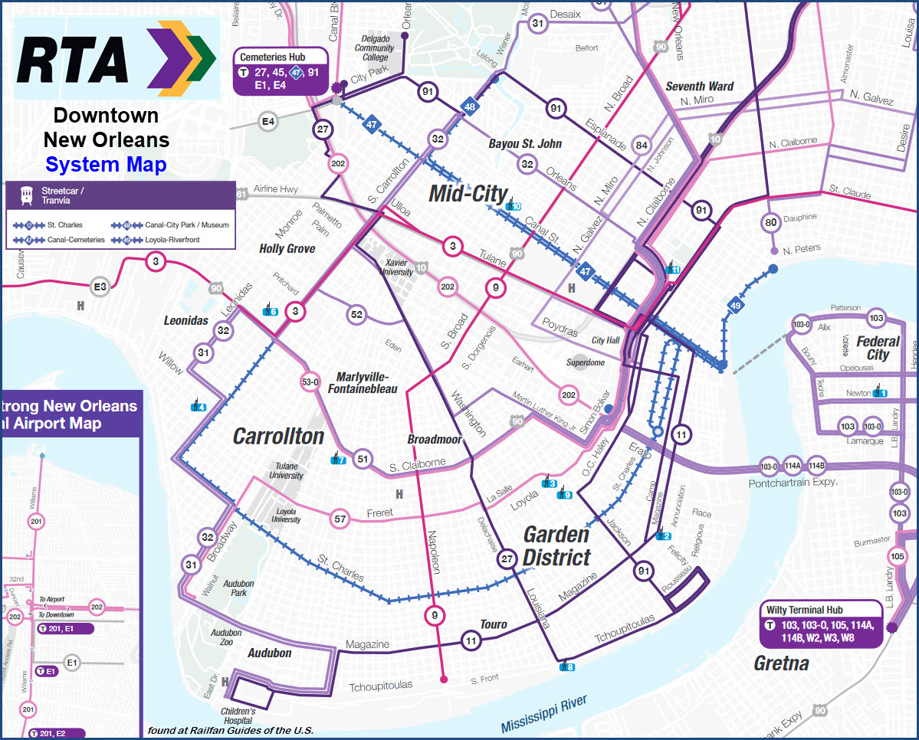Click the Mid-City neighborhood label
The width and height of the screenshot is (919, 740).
(x=468, y=193)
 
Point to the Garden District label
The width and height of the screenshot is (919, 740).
(x=556, y=545)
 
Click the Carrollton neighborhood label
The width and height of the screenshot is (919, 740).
(x=278, y=436)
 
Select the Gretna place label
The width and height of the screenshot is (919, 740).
(x=781, y=663)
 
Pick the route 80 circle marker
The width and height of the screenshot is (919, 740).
(x=771, y=223)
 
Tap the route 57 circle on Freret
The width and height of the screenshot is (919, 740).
(x=340, y=519)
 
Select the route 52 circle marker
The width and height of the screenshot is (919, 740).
(x=356, y=314)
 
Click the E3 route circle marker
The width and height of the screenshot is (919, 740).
(x=100, y=287)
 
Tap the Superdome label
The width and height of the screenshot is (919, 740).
(x=585, y=362)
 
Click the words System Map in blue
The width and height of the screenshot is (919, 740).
(x=106, y=164)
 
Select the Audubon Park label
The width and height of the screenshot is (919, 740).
(x=238, y=588)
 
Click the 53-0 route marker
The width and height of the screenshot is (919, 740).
(x=310, y=381)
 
